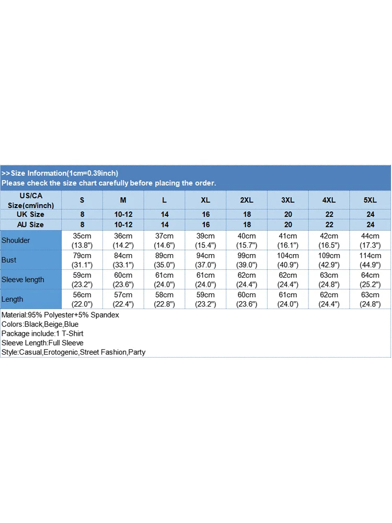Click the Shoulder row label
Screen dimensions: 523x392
16,241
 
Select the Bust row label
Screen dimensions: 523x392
9,260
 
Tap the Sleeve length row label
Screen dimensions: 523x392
23,280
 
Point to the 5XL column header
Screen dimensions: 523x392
370,200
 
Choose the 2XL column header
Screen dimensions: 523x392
247,200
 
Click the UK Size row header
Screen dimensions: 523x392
30,214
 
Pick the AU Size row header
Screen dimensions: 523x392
30,224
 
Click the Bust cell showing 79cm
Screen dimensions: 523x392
82,260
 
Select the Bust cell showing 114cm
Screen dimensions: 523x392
370,260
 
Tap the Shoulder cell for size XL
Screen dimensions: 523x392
205,241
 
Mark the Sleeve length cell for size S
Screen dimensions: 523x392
82,280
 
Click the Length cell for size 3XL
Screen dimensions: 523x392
288,299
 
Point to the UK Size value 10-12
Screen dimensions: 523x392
123,214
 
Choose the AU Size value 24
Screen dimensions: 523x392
370,224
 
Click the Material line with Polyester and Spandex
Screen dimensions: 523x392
61,315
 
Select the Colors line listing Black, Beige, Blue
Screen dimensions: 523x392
40,324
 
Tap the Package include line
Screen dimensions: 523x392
43,334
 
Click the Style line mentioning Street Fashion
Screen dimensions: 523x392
74,352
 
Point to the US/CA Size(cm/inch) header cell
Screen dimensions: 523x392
30,200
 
